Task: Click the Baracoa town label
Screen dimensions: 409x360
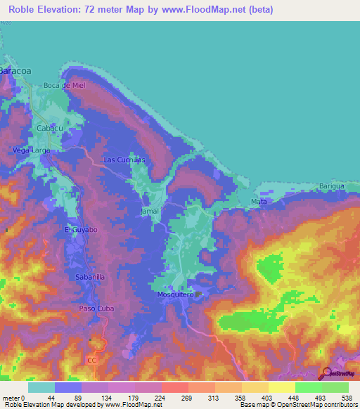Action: [x=15, y=71]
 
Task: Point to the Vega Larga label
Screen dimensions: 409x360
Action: [x=31, y=150]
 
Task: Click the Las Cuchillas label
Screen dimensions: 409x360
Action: [x=124, y=160]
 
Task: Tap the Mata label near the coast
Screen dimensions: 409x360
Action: [x=258, y=202]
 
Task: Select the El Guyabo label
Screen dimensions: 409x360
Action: [x=79, y=230]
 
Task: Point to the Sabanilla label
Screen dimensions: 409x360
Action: [x=90, y=278]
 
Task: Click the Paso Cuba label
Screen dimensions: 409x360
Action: [x=96, y=309]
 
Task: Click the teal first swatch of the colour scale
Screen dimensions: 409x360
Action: [x=41, y=387]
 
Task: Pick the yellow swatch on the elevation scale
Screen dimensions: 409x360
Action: [x=281, y=387]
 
